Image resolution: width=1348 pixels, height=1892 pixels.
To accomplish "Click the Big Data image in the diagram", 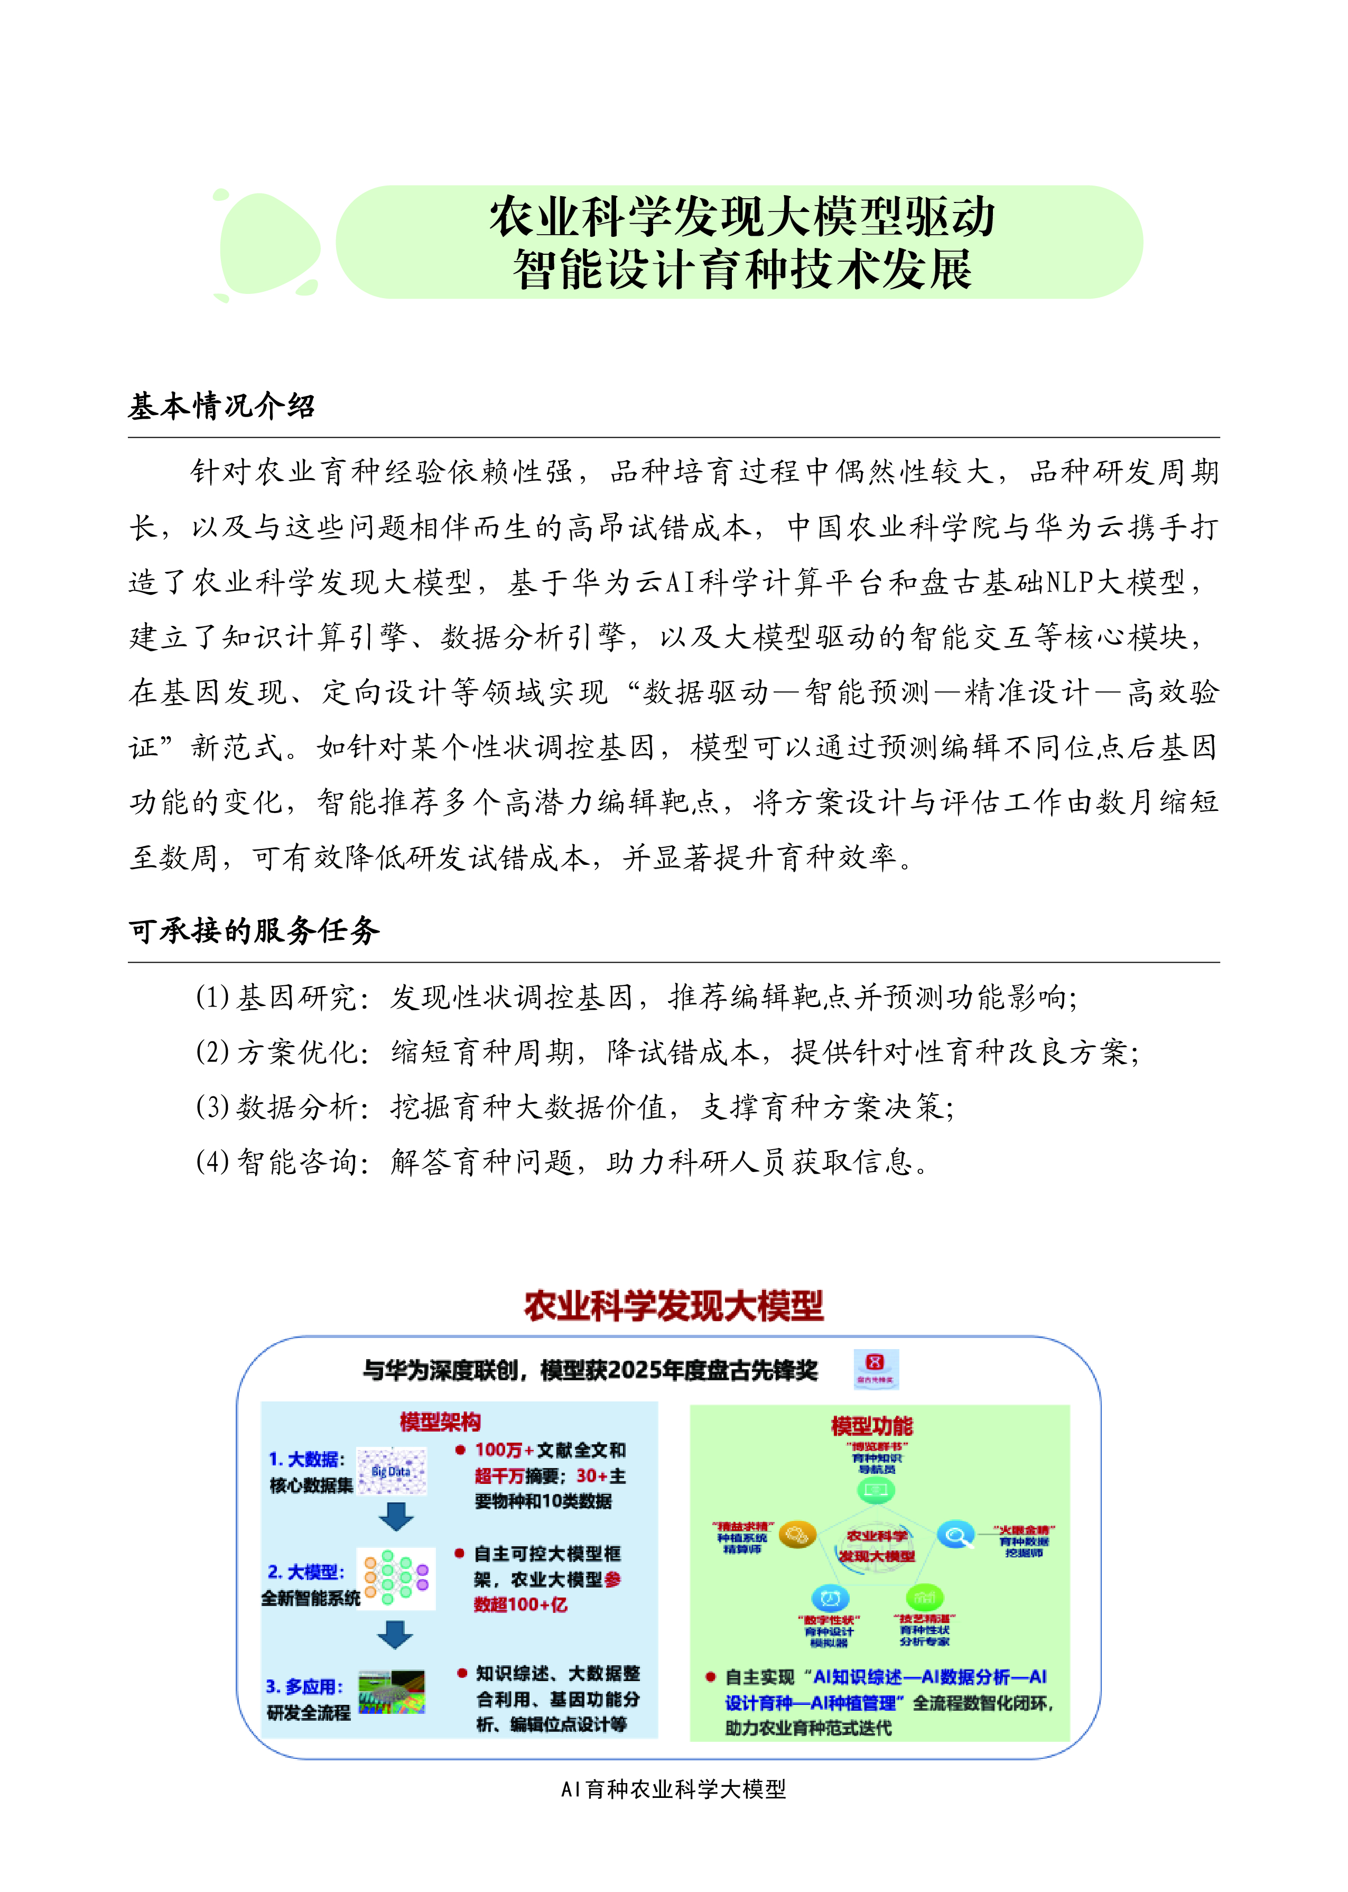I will pyautogui.click(x=392, y=1471).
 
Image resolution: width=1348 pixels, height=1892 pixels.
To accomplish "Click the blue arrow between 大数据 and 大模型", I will pyautogui.click(x=396, y=1516).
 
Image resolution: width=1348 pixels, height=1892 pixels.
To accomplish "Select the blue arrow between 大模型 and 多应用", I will pyautogui.click(x=395, y=1635).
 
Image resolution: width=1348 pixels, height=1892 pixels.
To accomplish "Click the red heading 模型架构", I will pyautogui.click(x=440, y=1422).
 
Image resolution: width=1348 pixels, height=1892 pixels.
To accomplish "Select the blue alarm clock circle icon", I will pyautogui.click(x=829, y=1598).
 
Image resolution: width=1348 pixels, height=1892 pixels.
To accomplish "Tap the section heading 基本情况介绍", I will pyautogui.click(x=221, y=406).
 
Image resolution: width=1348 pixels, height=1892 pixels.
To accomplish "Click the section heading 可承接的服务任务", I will pyautogui.click(x=254, y=930).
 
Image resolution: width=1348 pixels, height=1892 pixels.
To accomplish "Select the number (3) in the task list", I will pyautogui.click(x=212, y=1106).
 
